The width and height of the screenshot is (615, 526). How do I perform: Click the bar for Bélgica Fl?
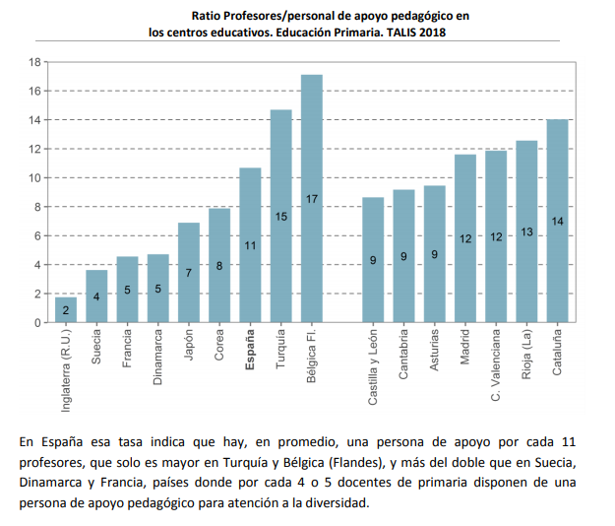311,198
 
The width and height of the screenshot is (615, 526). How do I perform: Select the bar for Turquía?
280,216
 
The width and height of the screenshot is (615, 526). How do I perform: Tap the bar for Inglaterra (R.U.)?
66,309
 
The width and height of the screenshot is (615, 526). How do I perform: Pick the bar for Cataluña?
558,221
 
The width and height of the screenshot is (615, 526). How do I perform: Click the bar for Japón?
189,272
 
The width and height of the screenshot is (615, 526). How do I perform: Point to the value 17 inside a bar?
311,199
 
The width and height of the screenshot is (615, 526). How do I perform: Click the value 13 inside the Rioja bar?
527,231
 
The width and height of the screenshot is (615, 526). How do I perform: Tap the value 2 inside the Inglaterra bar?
66,310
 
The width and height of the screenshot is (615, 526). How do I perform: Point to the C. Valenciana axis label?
497,364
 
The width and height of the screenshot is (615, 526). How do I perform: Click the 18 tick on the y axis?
34,62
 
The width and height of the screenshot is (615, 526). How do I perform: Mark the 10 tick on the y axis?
34,178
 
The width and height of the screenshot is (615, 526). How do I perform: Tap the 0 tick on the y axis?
37,323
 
